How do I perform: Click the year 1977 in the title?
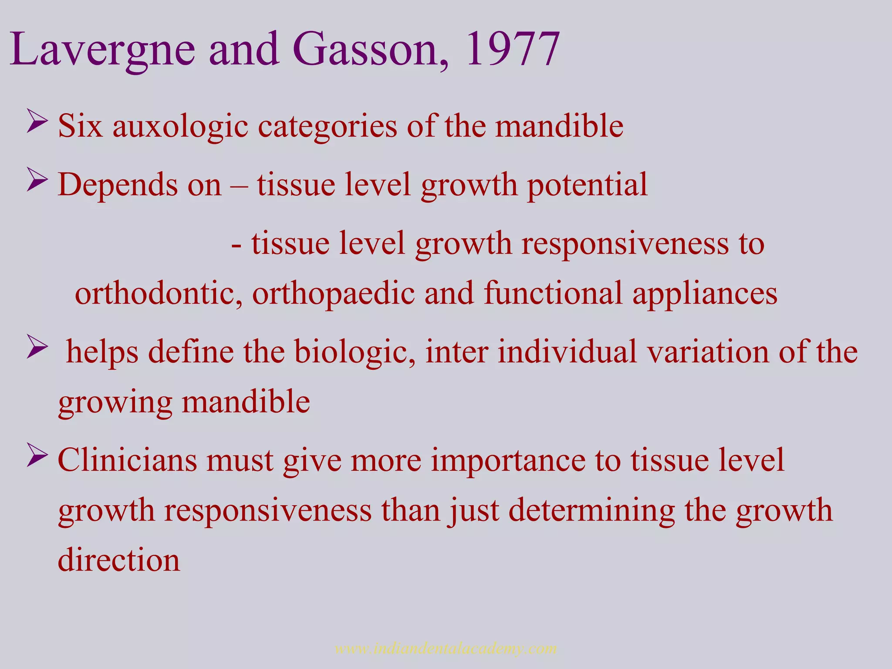coord(512,49)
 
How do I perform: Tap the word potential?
coord(587,185)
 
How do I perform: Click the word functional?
coord(553,293)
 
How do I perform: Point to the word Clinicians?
coord(127,460)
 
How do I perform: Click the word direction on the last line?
coord(119,560)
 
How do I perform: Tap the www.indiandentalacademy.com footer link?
coord(446,648)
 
